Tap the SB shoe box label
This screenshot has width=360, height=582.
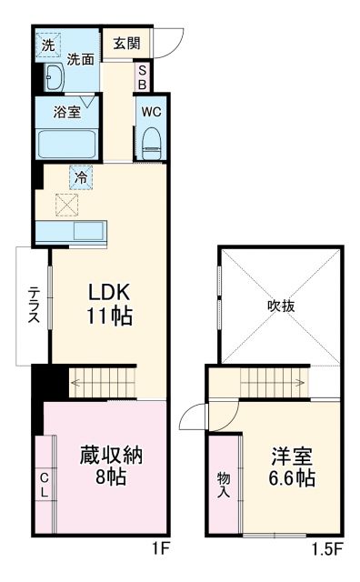pos(142,76)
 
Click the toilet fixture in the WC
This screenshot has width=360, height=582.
pos(151,141)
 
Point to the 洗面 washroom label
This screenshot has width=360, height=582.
pos(81,60)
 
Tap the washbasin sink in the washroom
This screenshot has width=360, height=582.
pos(52,80)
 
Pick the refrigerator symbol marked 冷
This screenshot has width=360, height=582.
pos(81,176)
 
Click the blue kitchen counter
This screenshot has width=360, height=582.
pos(71,231)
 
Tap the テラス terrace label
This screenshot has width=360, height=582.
pos(33,306)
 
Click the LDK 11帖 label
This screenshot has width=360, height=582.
pos(110,306)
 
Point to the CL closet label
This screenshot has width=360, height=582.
pos(44,484)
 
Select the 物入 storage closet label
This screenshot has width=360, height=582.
pos(224,485)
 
